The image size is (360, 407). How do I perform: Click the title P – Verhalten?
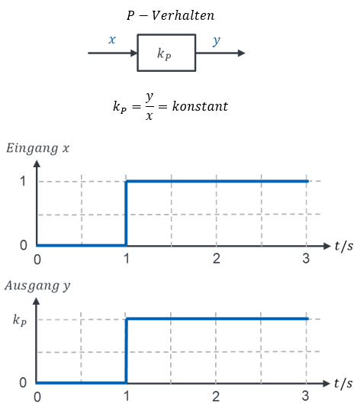pyautogui.click(x=171, y=15)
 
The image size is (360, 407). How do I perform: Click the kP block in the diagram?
pyautogui.click(x=166, y=53)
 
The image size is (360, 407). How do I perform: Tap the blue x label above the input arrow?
pyautogui.click(x=112, y=40)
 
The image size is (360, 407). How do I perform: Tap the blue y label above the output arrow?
pyautogui.click(x=216, y=41)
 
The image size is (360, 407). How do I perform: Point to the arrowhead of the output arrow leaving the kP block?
pyautogui.click(x=241, y=53)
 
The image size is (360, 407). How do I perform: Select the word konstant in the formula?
pyautogui.click(x=200, y=106)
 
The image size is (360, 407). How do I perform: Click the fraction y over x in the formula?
pyautogui.click(x=149, y=106)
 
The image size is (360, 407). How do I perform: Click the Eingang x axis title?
pyautogui.click(x=38, y=148)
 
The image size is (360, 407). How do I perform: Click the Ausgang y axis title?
pyautogui.click(x=37, y=286)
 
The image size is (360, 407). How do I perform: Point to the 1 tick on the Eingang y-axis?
pyautogui.click(x=23, y=181)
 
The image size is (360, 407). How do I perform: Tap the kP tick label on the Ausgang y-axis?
pyautogui.click(x=20, y=320)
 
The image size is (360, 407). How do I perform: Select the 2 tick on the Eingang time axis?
pyautogui.click(x=217, y=259)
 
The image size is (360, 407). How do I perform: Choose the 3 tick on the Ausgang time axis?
pyautogui.click(x=305, y=396)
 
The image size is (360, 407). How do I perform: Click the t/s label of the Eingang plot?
pyautogui.click(x=344, y=246)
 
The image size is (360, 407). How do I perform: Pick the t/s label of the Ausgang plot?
pyautogui.click(x=343, y=383)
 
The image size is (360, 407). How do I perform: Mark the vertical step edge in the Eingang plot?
pyautogui.click(x=126, y=213)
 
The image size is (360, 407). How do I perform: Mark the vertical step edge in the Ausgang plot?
pyautogui.click(x=126, y=350)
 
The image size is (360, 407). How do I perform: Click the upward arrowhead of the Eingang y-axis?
pyautogui.click(x=37, y=163)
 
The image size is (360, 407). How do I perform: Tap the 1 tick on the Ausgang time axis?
pyautogui.click(x=127, y=396)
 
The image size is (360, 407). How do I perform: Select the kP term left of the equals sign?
pyautogui.click(x=120, y=107)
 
